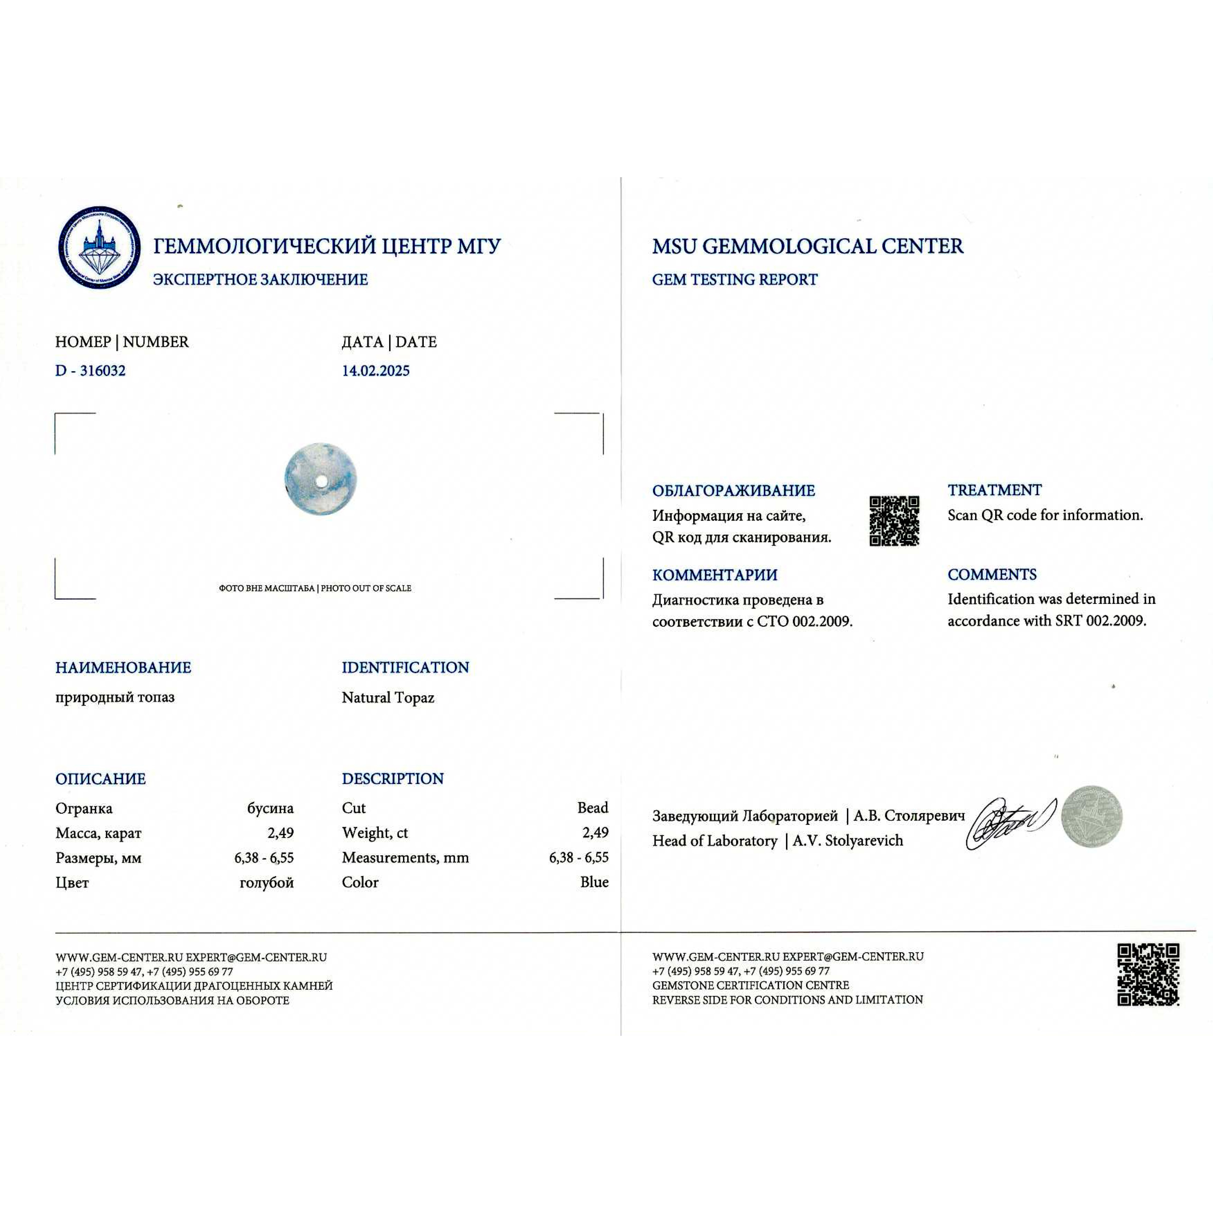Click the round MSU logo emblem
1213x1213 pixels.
click(99, 247)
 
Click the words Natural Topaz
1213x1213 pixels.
click(388, 698)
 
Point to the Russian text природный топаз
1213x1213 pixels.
click(115, 697)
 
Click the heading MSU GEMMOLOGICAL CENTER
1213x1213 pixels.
click(807, 246)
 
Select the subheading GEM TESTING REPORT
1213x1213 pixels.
click(735, 279)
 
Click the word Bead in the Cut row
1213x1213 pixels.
click(593, 808)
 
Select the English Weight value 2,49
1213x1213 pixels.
click(595, 832)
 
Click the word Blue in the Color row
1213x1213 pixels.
click(594, 882)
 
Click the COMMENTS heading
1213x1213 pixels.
click(992, 574)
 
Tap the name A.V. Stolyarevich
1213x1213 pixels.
click(848, 841)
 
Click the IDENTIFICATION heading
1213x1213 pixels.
click(405, 667)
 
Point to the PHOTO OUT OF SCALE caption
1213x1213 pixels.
click(366, 588)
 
